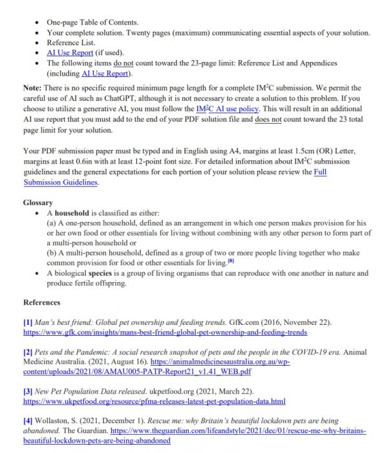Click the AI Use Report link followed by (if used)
coord(70,52)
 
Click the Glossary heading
coord(38,202)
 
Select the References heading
coord(42,302)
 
